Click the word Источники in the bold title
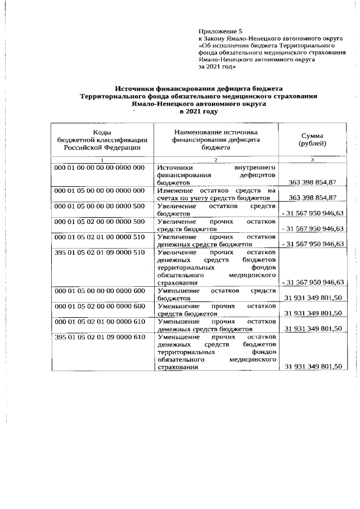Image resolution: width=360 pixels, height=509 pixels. [x=135, y=88]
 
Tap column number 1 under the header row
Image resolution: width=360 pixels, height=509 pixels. [x=102, y=160]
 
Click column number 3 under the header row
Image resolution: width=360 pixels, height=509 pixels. [x=313, y=160]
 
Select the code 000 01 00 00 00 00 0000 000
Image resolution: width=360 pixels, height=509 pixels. [x=100, y=168]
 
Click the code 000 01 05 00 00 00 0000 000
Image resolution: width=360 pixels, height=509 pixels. [x=100, y=192]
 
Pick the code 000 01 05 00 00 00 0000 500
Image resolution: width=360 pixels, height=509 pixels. [x=100, y=207]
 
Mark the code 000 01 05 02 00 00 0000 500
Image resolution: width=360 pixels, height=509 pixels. [x=100, y=222]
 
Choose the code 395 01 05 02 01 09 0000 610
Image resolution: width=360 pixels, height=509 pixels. [x=100, y=336]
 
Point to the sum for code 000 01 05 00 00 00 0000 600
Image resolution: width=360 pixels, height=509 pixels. [x=313, y=298]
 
